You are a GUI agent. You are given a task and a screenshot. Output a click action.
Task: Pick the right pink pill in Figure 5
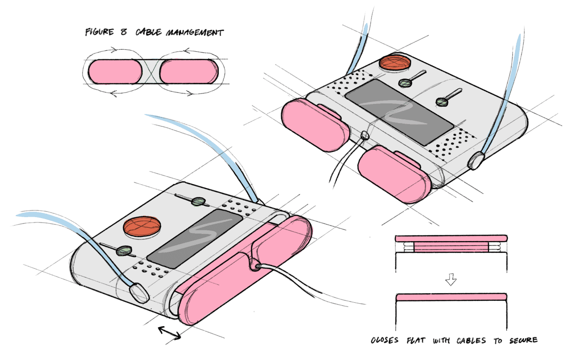(x=188, y=72)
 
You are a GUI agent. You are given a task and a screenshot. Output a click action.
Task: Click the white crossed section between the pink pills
(x=151, y=72)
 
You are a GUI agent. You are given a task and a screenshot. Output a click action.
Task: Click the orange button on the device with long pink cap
(x=142, y=226)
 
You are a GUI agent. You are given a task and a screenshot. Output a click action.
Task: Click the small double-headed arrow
(x=169, y=333)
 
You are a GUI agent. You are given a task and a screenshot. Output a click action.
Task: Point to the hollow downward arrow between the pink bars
(x=451, y=280)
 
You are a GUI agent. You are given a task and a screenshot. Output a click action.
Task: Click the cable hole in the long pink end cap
(x=255, y=266)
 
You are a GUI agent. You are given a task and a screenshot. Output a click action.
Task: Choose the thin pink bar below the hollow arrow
(x=451, y=297)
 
